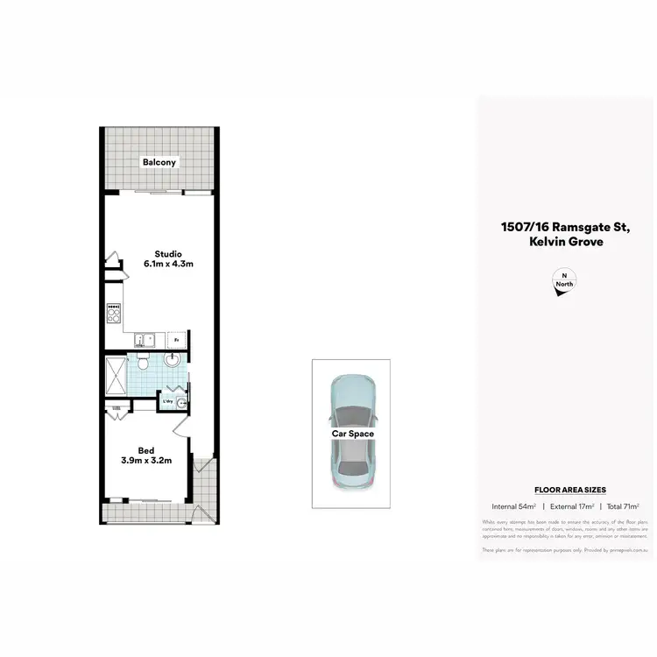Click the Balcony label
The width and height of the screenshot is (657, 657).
pyautogui.click(x=160, y=162)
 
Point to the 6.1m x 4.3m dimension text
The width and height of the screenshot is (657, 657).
pyautogui.click(x=167, y=264)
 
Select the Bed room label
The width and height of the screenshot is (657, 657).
pyautogui.click(x=146, y=450)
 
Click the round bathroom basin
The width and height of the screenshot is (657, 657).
pyautogui.click(x=173, y=360)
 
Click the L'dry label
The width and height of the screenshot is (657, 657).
pyautogui.click(x=166, y=401)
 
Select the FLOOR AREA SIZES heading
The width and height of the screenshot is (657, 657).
pyautogui.click(x=570, y=491)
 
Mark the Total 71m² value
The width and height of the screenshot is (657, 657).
pyautogui.click(x=623, y=506)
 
